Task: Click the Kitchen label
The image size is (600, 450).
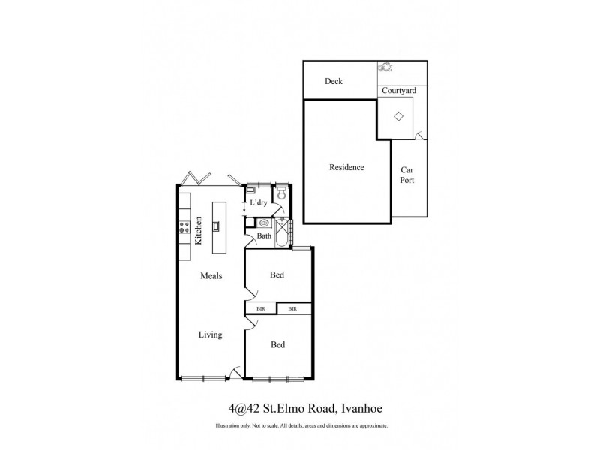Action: [199, 231]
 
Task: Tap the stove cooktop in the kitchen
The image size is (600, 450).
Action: [182, 227]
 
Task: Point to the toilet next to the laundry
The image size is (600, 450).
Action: [281, 194]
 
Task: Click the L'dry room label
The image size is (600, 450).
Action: [259, 203]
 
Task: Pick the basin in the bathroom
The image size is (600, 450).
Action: [263, 223]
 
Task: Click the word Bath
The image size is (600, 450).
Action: [264, 236]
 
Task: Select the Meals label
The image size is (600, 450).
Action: [211, 275]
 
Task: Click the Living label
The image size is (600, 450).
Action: [210, 334]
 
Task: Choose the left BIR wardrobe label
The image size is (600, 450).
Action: [260, 308]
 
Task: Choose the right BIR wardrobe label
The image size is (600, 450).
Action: [293, 308]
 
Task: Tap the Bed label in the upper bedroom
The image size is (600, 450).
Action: [277, 275]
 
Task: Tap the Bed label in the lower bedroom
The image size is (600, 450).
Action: [277, 344]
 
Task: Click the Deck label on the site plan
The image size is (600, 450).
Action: [334, 81]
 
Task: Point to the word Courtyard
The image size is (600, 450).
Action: [399, 91]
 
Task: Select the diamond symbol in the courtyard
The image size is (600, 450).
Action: [399, 116]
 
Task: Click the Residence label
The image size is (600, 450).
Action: [346, 167]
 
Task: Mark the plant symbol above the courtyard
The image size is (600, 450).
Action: [387, 68]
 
